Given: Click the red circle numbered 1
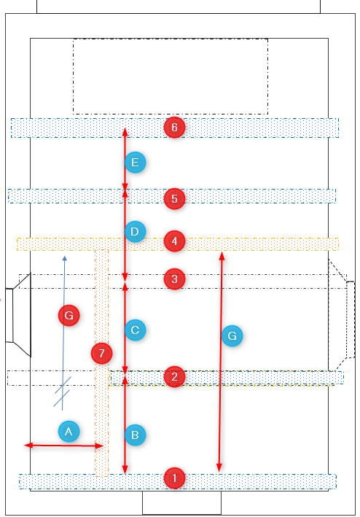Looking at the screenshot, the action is (x=175, y=478).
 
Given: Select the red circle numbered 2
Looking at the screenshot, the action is (x=175, y=376).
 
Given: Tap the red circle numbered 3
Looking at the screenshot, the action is (x=175, y=279).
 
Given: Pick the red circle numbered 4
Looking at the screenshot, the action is (x=175, y=241).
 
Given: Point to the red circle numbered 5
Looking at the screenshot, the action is (x=175, y=198).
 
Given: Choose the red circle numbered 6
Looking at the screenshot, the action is (x=175, y=127).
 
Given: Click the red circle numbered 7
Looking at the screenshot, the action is (x=102, y=353).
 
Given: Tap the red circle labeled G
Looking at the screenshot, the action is (x=69, y=315).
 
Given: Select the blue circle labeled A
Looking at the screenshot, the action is (x=69, y=431).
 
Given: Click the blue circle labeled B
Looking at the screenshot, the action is (x=135, y=435).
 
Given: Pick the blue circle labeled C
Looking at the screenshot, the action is (x=135, y=330).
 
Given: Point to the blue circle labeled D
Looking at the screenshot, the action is (x=135, y=231).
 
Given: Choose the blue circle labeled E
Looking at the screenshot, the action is (x=135, y=162).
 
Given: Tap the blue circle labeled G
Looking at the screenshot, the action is (x=232, y=335).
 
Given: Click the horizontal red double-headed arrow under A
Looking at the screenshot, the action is (x=64, y=446).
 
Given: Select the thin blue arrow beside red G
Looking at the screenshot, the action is (x=63, y=333).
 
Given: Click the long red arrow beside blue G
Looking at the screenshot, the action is (x=221, y=362).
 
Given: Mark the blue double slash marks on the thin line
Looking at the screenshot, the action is (x=62, y=392).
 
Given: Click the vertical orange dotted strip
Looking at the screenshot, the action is (x=102, y=362).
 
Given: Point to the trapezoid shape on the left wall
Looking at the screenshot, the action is (x=22, y=315).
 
